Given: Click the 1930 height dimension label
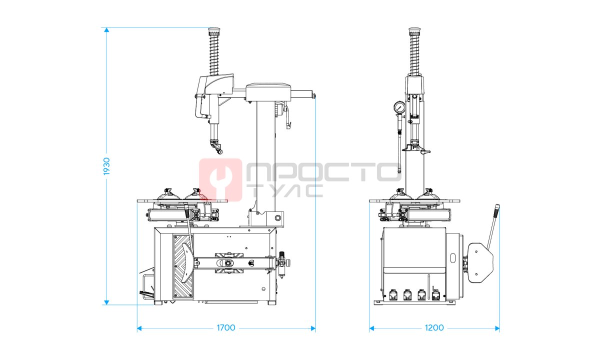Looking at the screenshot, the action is (x=106, y=166).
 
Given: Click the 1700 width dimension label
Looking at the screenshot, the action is (x=226, y=328).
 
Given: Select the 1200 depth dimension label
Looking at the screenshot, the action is (x=434, y=328).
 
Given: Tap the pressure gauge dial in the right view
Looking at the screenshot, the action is (x=399, y=107).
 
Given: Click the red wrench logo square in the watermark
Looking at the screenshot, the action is (x=220, y=179).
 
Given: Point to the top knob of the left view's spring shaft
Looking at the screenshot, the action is (x=214, y=32).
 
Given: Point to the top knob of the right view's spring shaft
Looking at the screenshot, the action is (x=414, y=32).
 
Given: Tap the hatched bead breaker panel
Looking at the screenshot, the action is (x=183, y=267).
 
